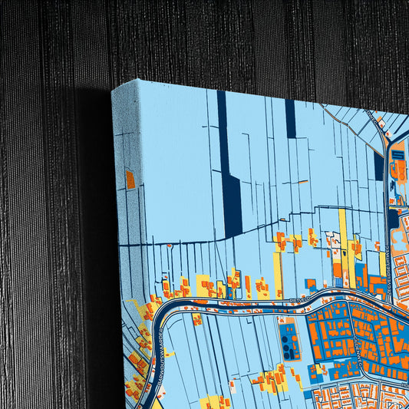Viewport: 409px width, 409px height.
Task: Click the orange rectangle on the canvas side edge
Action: [130, 179]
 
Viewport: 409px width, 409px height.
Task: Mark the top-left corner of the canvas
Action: [113, 87]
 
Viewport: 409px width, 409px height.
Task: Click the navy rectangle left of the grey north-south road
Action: [378, 165]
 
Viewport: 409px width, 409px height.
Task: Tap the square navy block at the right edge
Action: [393, 219]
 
